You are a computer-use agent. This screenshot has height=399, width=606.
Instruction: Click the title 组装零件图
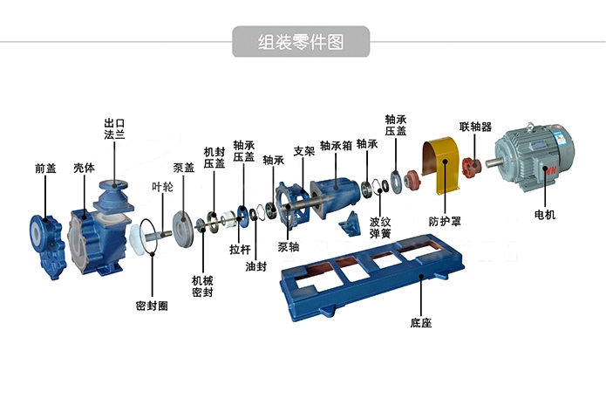301,42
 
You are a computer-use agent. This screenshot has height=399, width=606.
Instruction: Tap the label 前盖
45,169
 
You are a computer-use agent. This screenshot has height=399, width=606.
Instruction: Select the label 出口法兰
114,129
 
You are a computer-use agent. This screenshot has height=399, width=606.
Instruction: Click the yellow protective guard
441,164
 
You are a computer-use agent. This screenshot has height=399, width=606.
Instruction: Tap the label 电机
545,215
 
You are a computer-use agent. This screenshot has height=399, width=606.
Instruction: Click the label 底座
421,323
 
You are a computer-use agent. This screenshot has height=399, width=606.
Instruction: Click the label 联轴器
475,127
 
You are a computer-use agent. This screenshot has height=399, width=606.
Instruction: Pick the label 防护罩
445,222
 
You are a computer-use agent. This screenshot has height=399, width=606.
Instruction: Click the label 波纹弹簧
380,228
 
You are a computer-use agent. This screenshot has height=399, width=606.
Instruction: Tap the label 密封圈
152,306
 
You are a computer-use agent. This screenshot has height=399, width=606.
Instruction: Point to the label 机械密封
202,286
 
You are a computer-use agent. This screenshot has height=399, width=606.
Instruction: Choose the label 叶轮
162,187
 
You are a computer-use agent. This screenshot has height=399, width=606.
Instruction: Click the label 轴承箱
336,146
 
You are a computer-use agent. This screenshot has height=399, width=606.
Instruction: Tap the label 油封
255,266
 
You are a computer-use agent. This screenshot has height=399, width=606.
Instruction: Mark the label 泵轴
289,246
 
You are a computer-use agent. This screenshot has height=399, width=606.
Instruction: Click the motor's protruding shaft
492,162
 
